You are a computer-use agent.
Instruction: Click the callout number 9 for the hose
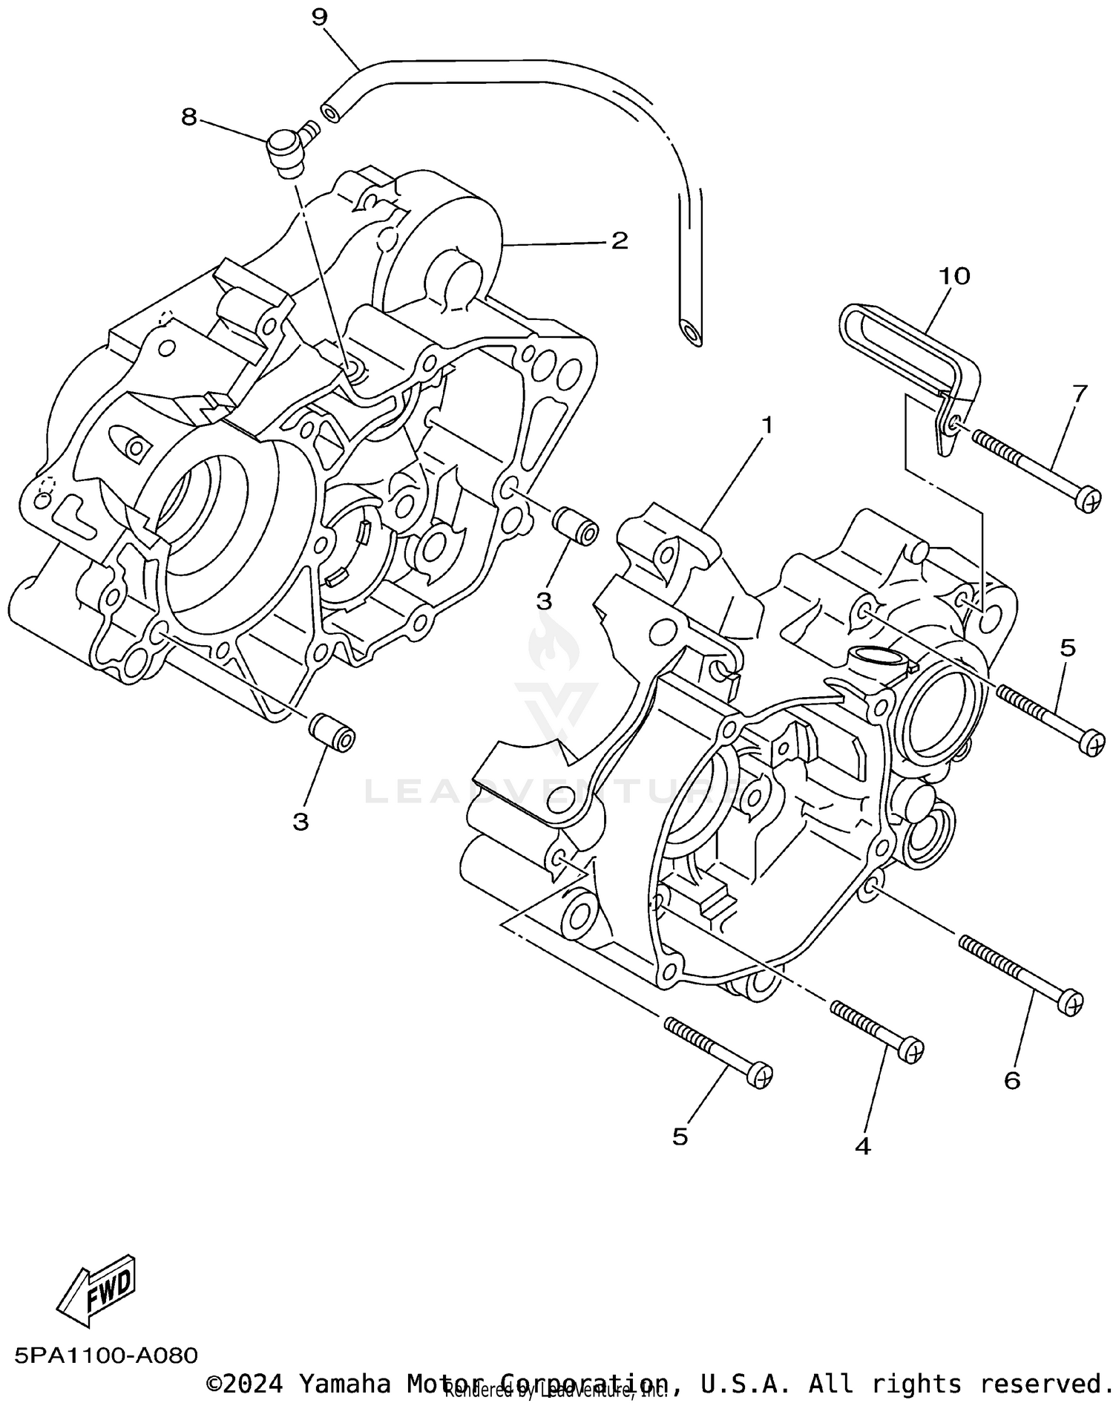[319, 16]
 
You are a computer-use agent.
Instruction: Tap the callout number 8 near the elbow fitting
[189, 117]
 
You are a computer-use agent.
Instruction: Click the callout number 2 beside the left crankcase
[619, 240]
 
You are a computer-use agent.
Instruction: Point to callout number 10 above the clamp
[954, 276]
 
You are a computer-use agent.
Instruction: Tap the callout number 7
[1079, 393]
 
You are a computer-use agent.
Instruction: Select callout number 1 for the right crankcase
[766, 425]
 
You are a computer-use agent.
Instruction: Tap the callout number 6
[1012, 1081]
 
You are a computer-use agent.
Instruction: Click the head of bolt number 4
[912, 1050]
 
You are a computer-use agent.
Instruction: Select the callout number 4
[862, 1146]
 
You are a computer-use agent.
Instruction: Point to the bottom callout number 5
[680, 1137]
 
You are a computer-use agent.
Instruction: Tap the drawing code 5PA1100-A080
[105, 1355]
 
